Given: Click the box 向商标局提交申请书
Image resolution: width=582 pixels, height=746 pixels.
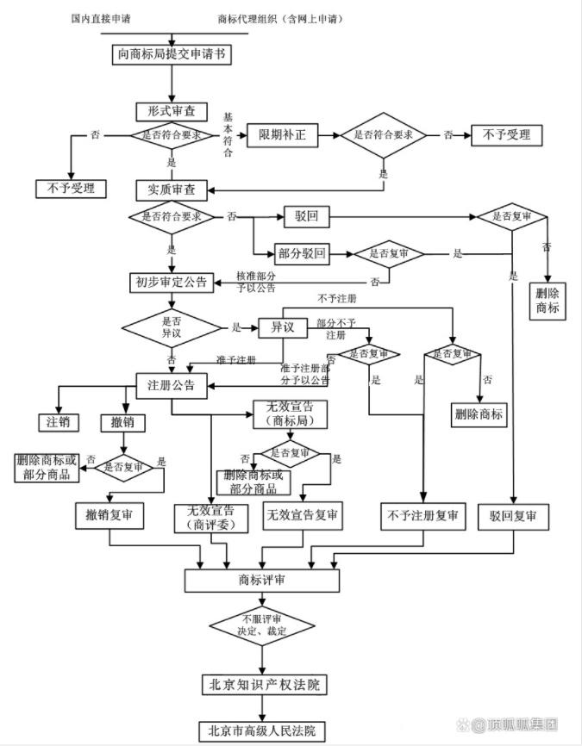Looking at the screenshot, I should point(172,54).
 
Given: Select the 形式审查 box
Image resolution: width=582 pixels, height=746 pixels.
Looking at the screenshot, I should point(172,111).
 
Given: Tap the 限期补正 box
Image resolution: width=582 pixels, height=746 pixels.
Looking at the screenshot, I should point(283,135).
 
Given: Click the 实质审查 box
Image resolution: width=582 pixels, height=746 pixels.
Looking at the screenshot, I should point(172,190).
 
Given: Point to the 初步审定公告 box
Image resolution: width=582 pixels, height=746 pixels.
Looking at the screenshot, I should point(172,282).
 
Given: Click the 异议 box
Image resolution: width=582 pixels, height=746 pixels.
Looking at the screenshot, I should point(284,327).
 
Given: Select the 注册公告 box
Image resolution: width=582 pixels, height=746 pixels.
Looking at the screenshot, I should point(172,385).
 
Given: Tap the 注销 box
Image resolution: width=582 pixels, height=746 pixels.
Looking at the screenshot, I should point(58,422).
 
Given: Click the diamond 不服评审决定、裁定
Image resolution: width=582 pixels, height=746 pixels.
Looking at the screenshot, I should point(263,626).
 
